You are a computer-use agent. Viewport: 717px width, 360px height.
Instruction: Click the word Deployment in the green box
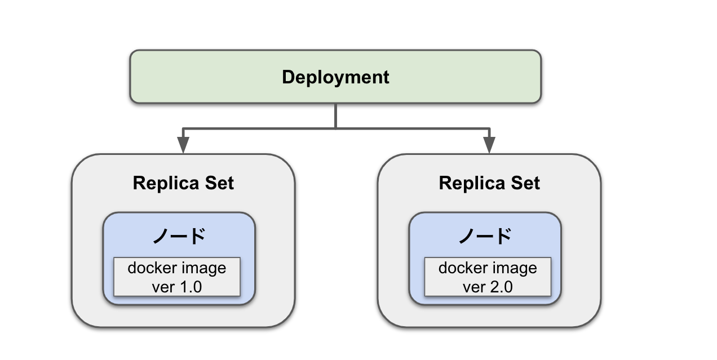[x=335, y=77]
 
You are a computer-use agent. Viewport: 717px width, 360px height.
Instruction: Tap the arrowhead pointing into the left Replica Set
[x=183, y=146]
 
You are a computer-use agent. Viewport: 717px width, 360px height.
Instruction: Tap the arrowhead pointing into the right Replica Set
[x=489, y=146]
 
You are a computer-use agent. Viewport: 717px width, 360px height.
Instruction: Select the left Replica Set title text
[x=183, y=183]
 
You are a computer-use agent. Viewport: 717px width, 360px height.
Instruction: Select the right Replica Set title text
[x=489, y=183]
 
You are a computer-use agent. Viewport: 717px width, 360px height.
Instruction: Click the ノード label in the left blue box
[x=179, y=235]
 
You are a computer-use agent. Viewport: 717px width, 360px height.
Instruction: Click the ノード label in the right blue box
[x=485, y=235]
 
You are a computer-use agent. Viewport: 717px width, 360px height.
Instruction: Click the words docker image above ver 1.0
[x=177, y=268]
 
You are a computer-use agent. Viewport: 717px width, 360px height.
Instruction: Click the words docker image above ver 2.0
[x=488, y=268]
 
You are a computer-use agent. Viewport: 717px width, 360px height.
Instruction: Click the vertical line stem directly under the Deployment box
[x=336, y=115]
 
